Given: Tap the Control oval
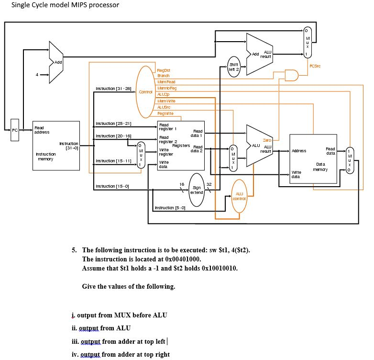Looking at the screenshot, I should (145, 91).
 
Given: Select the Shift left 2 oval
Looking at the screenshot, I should (234, 66).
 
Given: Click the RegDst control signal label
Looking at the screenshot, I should (164, 70).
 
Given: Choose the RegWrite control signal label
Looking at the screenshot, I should (165, 113).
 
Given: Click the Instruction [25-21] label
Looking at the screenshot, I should (114, 124).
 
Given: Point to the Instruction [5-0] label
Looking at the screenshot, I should (167, 208).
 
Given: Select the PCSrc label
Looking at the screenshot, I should (315, 66).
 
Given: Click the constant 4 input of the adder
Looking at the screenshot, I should (37, 74).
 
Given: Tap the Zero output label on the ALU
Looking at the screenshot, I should (267, 139).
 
